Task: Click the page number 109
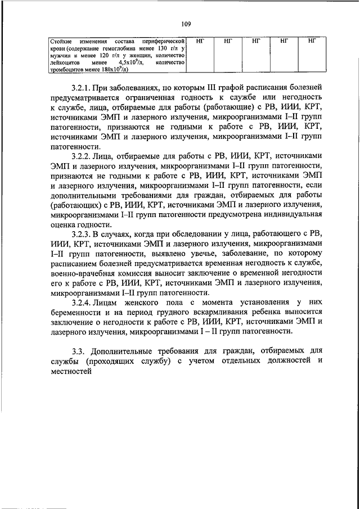(186, 24)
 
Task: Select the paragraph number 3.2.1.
(82, 89)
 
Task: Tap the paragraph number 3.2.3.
(82, 232)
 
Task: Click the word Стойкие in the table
(57, 42)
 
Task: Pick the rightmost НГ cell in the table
(312, 41)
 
